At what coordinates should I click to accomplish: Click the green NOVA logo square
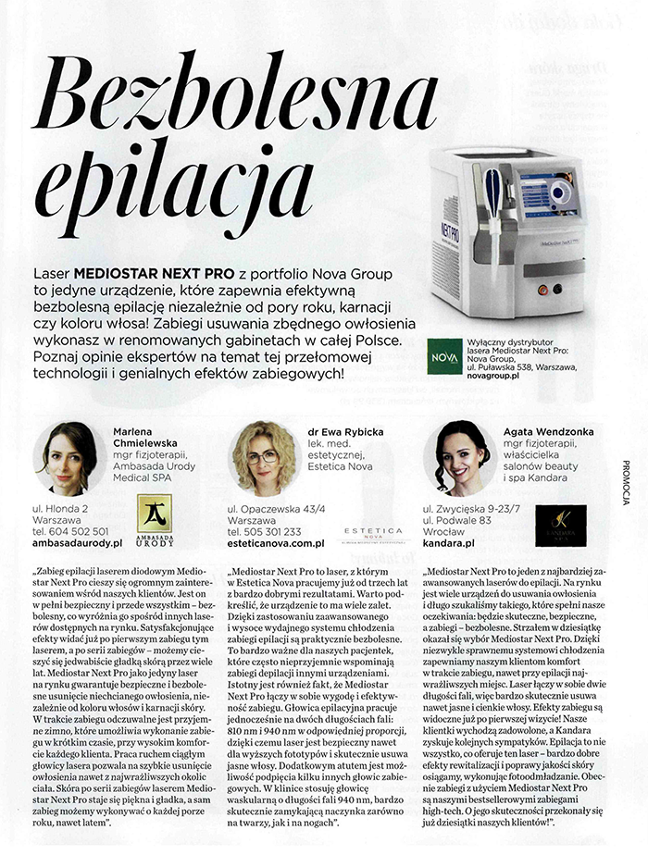click(443, 356)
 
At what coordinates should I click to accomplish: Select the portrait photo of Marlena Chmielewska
click(69, 456)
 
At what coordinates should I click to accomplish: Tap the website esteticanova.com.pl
click(277, 545)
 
